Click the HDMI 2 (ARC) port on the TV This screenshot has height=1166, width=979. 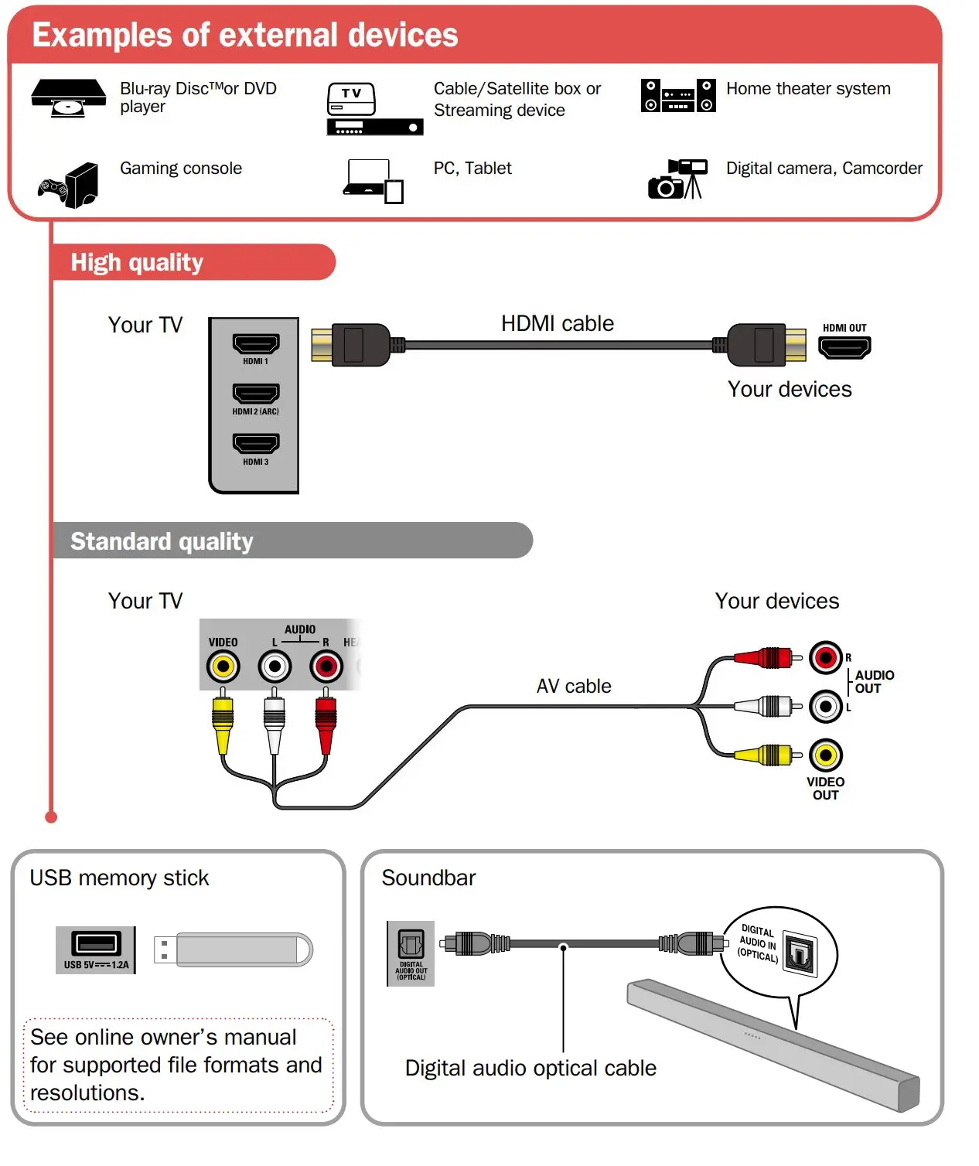tap(256, 394)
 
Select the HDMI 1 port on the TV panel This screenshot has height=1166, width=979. tap(256, 343)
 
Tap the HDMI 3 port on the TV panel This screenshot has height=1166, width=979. tap(256, 444)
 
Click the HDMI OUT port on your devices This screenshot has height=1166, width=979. tap(844, 347)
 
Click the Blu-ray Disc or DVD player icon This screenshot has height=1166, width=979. tap(68, 97)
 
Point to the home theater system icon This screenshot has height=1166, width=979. tap(677, 95)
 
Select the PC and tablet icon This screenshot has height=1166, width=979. tap(374, 181)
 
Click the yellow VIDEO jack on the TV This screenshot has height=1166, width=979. tap(223, 666)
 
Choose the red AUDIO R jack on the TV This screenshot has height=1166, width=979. tap(326, 666)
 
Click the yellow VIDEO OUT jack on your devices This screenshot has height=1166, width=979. tap(825, 755)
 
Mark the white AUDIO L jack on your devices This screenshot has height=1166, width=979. tap(825, 706)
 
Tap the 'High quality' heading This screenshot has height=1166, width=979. tap(137, 263)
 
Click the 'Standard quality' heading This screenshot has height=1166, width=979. tap(162, 541)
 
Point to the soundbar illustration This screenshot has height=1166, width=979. tap(773, 1044)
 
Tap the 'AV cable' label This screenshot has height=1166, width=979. tap(574, 686)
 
